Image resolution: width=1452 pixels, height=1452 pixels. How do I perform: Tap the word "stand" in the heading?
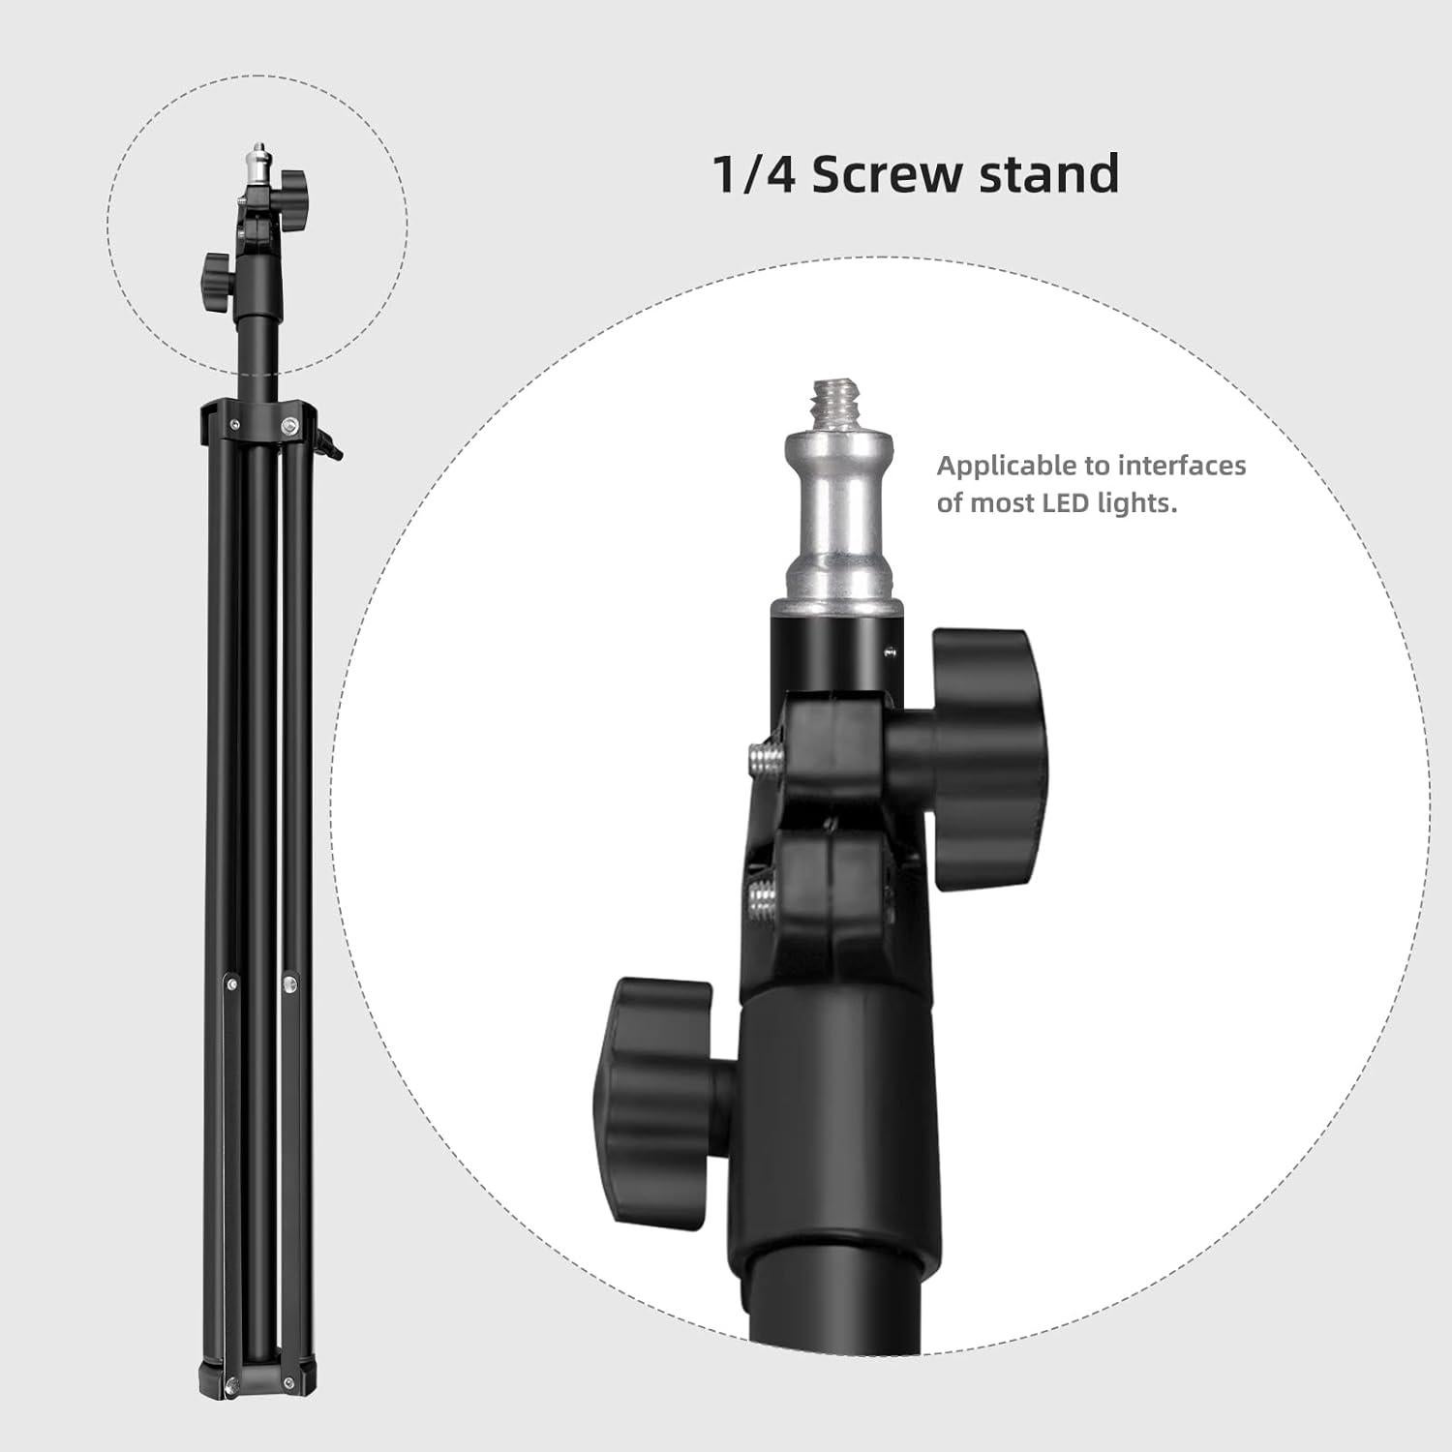[1049, 174]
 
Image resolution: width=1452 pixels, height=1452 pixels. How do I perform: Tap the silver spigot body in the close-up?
[838, 513]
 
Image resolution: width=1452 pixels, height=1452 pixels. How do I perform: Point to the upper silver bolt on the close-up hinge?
[766, 756]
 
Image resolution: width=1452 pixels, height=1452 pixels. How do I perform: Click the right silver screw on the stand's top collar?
[289, 424]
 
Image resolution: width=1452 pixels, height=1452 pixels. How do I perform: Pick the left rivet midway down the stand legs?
[231, 983]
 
